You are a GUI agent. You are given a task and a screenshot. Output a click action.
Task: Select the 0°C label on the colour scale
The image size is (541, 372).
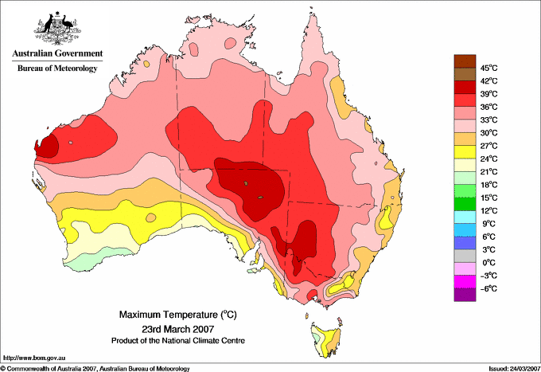coord(488,262)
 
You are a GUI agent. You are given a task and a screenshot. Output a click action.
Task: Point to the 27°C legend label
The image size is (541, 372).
coord(488,146)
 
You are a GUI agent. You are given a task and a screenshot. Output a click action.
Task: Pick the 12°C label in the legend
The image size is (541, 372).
coord(488,210)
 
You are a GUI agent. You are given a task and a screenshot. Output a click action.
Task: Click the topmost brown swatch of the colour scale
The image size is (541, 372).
coord(465,61)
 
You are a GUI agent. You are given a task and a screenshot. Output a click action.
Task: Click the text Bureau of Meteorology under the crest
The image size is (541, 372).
coord(56,69)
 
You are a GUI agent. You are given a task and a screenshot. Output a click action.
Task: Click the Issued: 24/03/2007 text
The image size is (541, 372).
coord(509,368)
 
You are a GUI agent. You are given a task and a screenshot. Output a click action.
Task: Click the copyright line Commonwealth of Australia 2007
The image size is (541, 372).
coord(95,368)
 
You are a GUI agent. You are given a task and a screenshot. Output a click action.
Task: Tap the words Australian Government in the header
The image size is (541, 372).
coord(56,54)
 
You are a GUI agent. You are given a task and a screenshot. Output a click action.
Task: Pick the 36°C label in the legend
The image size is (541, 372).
coord(488,107)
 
